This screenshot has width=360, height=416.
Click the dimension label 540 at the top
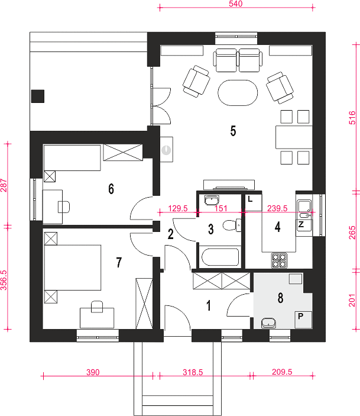(x=235, y=4)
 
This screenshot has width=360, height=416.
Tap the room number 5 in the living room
(x=233, y=131)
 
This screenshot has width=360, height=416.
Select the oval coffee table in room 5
(x=238, y=93)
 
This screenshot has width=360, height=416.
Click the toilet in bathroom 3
(x=232, y=225)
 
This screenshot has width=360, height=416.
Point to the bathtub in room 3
(x=220, y=257)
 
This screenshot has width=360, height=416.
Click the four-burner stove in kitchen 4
(x=279, y=260)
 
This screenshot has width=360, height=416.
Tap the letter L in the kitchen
(x=250, y=199)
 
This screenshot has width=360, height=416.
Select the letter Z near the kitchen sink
(x=301, y=224)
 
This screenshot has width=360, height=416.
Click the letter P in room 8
(x=301, y=316)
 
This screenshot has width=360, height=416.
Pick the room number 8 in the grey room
(x=280, y=298)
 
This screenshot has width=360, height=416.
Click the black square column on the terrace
(x=38, y=96)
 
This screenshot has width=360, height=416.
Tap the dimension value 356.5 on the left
(x=4, y=280)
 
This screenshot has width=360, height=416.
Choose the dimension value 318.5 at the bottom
(x=193, y=372)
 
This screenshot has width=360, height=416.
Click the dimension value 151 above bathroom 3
(x=221, y=208)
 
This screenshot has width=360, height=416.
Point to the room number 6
(x=111, y=189)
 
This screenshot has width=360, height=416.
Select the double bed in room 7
(x=73, y=267)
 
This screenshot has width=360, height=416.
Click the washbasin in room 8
(x=268, y=323)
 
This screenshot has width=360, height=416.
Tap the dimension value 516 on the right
(x=352, y=118)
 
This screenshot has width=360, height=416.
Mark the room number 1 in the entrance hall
(x=209, y=305)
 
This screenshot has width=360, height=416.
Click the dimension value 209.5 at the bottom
(x=282, y=372)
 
